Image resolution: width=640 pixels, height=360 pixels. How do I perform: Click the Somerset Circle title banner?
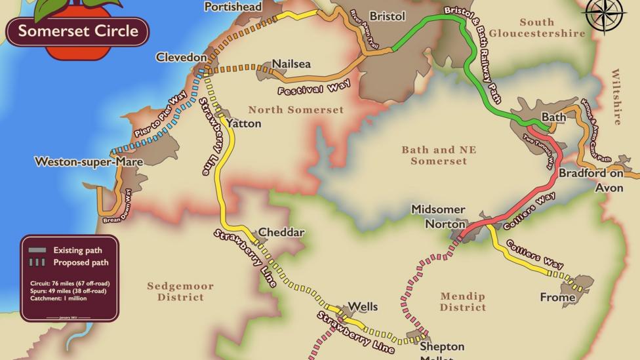77,31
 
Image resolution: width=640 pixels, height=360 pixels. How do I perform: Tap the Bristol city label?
387,16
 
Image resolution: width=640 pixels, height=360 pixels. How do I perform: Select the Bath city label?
553,117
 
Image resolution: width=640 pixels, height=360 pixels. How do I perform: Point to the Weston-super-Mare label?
79,161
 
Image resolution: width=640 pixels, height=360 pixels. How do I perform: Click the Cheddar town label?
281,233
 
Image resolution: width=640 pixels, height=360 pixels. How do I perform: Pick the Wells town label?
363,306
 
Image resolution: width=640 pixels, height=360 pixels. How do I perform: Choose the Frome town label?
557,298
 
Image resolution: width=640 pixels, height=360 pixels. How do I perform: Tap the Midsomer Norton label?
438,216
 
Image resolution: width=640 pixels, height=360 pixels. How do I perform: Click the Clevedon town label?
181,58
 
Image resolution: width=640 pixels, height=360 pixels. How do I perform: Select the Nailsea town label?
291,64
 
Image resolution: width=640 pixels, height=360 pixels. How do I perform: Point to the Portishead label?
233,7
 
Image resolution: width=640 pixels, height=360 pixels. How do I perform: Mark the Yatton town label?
243,123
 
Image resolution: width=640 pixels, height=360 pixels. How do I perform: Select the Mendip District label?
463,302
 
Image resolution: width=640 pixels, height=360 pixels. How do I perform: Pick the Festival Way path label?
313,88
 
